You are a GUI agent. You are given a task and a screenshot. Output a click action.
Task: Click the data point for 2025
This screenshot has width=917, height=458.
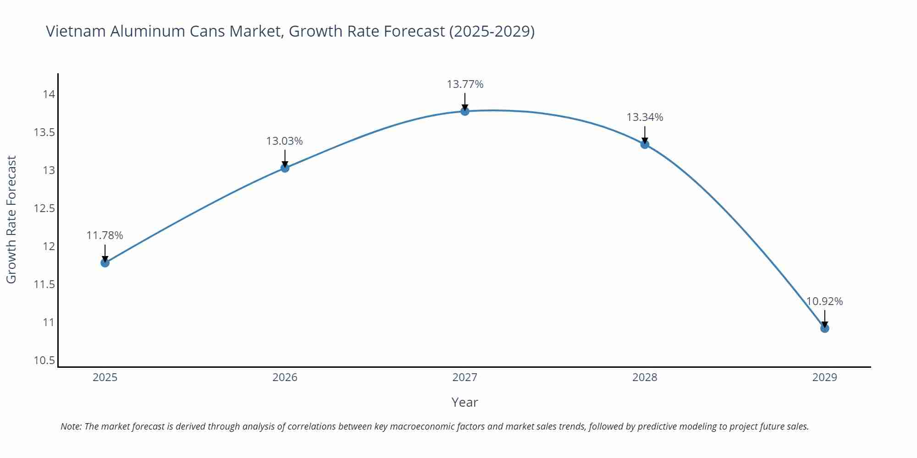105,262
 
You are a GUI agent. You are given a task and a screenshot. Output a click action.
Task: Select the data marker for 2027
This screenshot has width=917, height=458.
465,111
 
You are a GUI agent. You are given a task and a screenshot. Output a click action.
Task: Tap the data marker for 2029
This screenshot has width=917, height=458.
824,328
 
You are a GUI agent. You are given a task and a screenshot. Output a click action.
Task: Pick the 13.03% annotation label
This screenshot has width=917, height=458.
284,141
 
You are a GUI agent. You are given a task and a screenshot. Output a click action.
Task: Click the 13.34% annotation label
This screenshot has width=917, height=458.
645,117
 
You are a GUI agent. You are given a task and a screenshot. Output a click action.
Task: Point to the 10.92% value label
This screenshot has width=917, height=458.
824,301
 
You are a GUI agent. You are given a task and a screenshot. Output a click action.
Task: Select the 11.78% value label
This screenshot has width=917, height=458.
105,235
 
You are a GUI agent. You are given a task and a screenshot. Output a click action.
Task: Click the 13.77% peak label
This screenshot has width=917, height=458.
465,84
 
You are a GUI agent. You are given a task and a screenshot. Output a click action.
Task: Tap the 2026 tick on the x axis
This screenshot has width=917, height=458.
285,377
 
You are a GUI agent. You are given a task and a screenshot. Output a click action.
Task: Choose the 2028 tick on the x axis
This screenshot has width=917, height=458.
645,377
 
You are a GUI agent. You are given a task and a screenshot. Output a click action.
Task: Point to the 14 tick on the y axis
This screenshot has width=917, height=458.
49,94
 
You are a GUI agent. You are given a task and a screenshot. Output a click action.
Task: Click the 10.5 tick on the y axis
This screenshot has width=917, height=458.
44,360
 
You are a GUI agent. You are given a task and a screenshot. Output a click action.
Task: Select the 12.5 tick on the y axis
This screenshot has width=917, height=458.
44,208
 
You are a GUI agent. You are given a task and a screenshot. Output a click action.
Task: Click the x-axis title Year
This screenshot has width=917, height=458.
464,402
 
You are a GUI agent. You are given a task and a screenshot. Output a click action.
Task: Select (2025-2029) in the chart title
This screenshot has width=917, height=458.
492,31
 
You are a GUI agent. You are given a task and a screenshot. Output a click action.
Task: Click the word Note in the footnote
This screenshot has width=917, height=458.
70,426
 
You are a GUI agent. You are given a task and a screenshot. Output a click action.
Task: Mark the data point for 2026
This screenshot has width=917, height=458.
285,168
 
